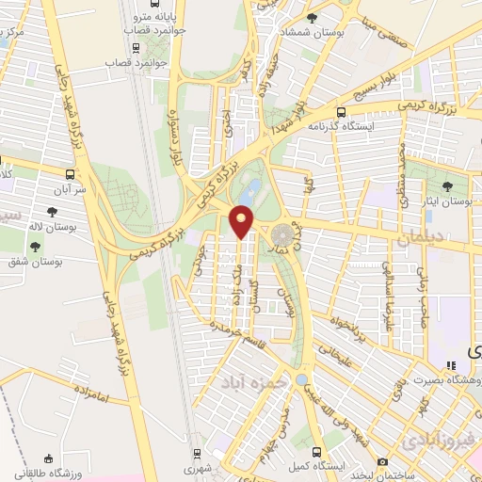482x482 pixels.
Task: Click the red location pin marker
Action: point(242,222)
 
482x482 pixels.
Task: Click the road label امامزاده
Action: point(89,399)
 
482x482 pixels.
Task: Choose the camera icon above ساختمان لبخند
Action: point(382,461)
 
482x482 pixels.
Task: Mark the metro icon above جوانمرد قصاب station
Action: point(140,29)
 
